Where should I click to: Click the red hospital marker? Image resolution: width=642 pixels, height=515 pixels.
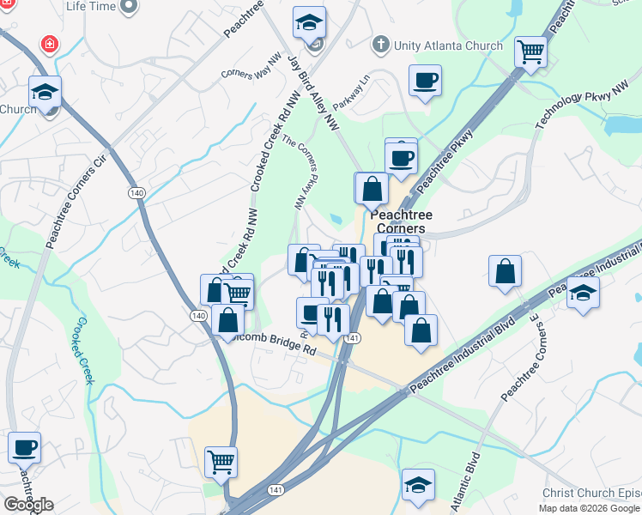click(x=49, y=44)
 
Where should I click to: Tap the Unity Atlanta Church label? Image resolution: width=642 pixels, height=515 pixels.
click(x=448, y=45)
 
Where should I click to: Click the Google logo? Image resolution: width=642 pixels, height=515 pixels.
click(x=28, y=505)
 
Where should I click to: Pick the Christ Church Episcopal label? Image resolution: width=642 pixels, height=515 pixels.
click(x=591, y=493)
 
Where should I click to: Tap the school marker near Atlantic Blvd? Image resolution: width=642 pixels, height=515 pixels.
click(x=418, y=485)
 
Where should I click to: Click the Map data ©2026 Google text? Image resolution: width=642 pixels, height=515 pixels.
click(x=590, y=508)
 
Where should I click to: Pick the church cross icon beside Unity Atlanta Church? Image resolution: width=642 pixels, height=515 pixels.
click(x=380, y=44)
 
